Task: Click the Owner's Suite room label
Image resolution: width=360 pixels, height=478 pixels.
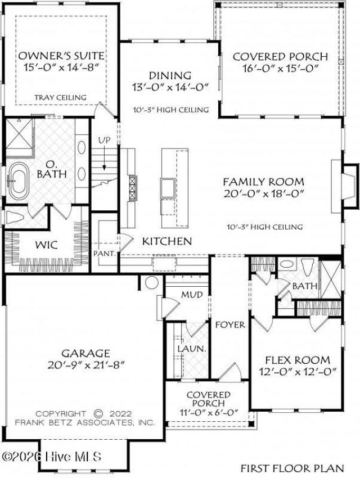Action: click(61, 56)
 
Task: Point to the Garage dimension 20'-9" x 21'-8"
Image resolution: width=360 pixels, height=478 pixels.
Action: click(86, 365)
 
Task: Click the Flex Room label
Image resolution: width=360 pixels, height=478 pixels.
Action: click(298, 360)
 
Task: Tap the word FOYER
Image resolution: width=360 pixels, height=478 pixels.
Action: click(230, 324)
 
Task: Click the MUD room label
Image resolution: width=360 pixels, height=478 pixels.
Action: click(192, 295)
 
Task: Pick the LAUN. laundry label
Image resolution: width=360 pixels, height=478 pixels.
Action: click(192, 349)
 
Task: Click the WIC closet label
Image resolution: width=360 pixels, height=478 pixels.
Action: click(46, 245)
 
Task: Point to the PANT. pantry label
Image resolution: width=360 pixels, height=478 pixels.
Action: click(105, 253)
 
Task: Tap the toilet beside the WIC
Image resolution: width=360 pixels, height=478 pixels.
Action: click(15, 218)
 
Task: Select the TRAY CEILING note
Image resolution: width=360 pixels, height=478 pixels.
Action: click(60, 97)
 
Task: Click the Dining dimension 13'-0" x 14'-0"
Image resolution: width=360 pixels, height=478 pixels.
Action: click(170, 87)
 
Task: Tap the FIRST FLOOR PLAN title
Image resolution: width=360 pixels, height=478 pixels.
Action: click(292, 468)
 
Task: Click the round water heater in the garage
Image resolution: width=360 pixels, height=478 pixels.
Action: click(151, 283)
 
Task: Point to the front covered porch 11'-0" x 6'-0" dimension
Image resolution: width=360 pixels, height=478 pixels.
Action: click(209, 413)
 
